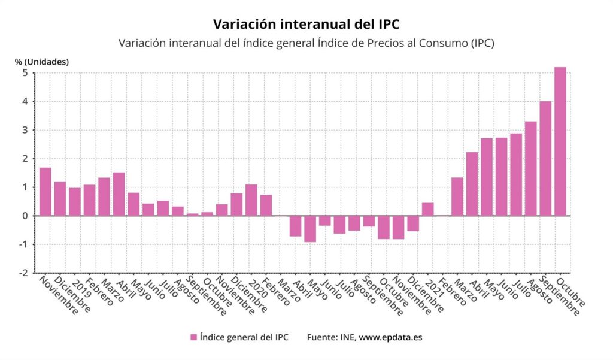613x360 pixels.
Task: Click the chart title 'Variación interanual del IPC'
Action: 306,24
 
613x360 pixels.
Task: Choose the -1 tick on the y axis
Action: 24,244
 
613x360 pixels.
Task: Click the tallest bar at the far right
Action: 560,141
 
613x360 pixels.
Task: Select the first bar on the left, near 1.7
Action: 45,192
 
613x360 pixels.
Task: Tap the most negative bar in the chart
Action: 310,229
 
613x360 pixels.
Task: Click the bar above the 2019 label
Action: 75,202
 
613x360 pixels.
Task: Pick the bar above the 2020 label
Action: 251,200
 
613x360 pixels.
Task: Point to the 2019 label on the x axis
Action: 78,287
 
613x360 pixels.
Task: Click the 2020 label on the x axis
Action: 255,287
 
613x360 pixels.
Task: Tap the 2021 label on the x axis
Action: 431,287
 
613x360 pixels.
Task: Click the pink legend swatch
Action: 193,337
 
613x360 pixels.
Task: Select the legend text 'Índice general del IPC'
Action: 244,337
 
